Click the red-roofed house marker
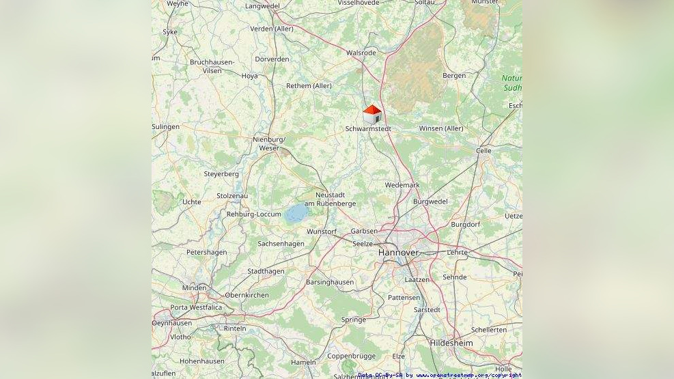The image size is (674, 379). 372,114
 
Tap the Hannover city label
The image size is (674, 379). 398,253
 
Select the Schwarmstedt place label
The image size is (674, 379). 368,128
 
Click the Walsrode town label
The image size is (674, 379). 361,53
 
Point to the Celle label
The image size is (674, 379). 483,151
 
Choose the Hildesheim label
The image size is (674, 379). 451,343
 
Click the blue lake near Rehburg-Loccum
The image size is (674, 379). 296,214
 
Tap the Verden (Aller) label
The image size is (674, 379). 271,29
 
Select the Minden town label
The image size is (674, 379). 194,288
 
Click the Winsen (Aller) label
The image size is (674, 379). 440,128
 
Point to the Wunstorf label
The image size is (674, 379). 322,231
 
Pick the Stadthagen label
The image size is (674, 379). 266,271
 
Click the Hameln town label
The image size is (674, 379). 303,362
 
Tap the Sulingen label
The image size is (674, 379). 166,126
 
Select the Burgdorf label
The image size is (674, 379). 465,224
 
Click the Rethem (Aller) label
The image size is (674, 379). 309,85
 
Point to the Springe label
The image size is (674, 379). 354,320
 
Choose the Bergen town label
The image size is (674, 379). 454,76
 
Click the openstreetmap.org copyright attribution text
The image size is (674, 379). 468,375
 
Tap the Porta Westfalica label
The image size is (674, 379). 196,307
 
